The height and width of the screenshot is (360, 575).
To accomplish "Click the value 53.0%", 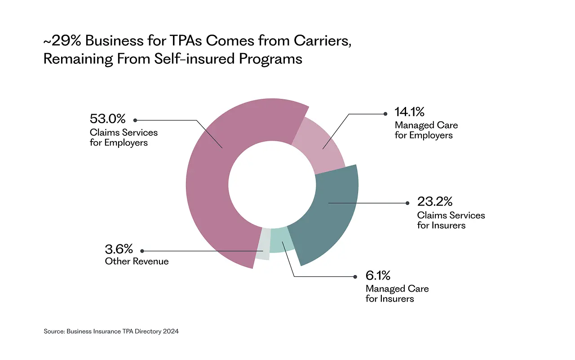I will (x=107, y=119).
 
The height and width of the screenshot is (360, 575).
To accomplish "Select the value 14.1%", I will (x=409, y=111).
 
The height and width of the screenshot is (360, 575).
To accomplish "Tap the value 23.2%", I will (x=434, y=201).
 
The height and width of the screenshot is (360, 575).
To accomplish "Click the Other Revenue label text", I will (x=137, y=261).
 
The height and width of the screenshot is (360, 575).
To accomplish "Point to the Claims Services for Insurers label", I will (x=451, y=220).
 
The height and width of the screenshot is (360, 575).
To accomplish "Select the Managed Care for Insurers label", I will (x=397, y=293).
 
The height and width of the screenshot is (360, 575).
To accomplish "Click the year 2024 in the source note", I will (x=171, y=331).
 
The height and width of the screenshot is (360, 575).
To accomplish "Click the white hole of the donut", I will (x=271, y=184).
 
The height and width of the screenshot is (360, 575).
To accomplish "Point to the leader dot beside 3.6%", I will (x=142, y=251).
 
